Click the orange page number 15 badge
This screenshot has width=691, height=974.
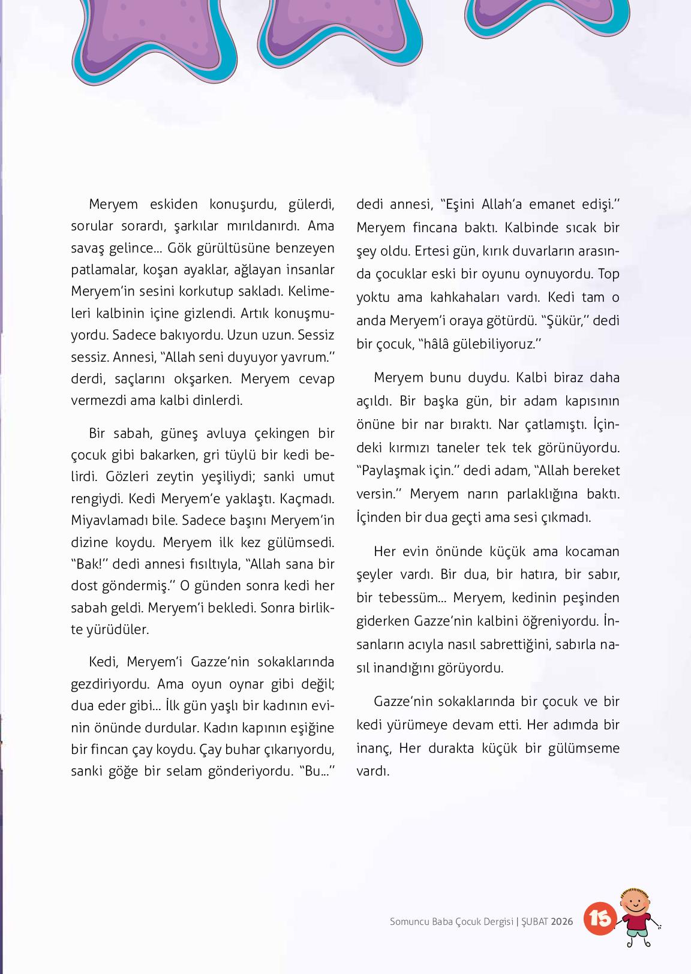coord(599,918)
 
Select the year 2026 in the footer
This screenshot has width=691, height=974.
coord(562,921)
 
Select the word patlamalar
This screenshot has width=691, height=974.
coord(104,269)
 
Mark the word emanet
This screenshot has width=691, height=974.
coord(552,204)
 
